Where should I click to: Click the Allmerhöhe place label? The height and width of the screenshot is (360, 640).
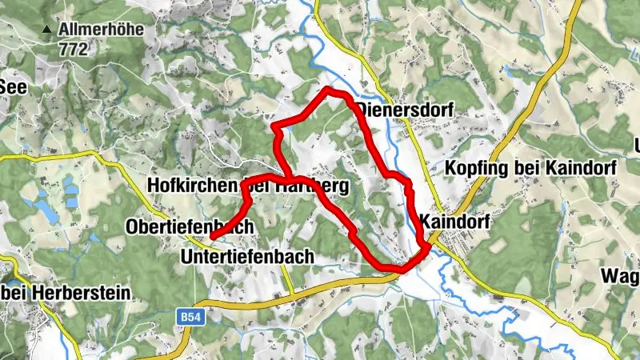[x=100, y=30]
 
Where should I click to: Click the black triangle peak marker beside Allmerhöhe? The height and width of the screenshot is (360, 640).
[x=47, y=30]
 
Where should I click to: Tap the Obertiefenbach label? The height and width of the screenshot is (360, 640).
[x=190, y=227]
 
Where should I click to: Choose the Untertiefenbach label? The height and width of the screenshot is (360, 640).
[x=249, y=256]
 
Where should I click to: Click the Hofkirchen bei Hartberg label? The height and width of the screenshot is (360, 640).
[x=248, y=186]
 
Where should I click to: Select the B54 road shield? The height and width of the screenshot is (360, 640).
[x=188, y=318]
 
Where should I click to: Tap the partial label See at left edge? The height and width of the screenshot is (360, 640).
[x=13, y=86]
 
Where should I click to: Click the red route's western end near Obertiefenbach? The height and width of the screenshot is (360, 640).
[x=213, y=238]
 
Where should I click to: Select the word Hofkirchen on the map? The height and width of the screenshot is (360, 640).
[x=193, y=186]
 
